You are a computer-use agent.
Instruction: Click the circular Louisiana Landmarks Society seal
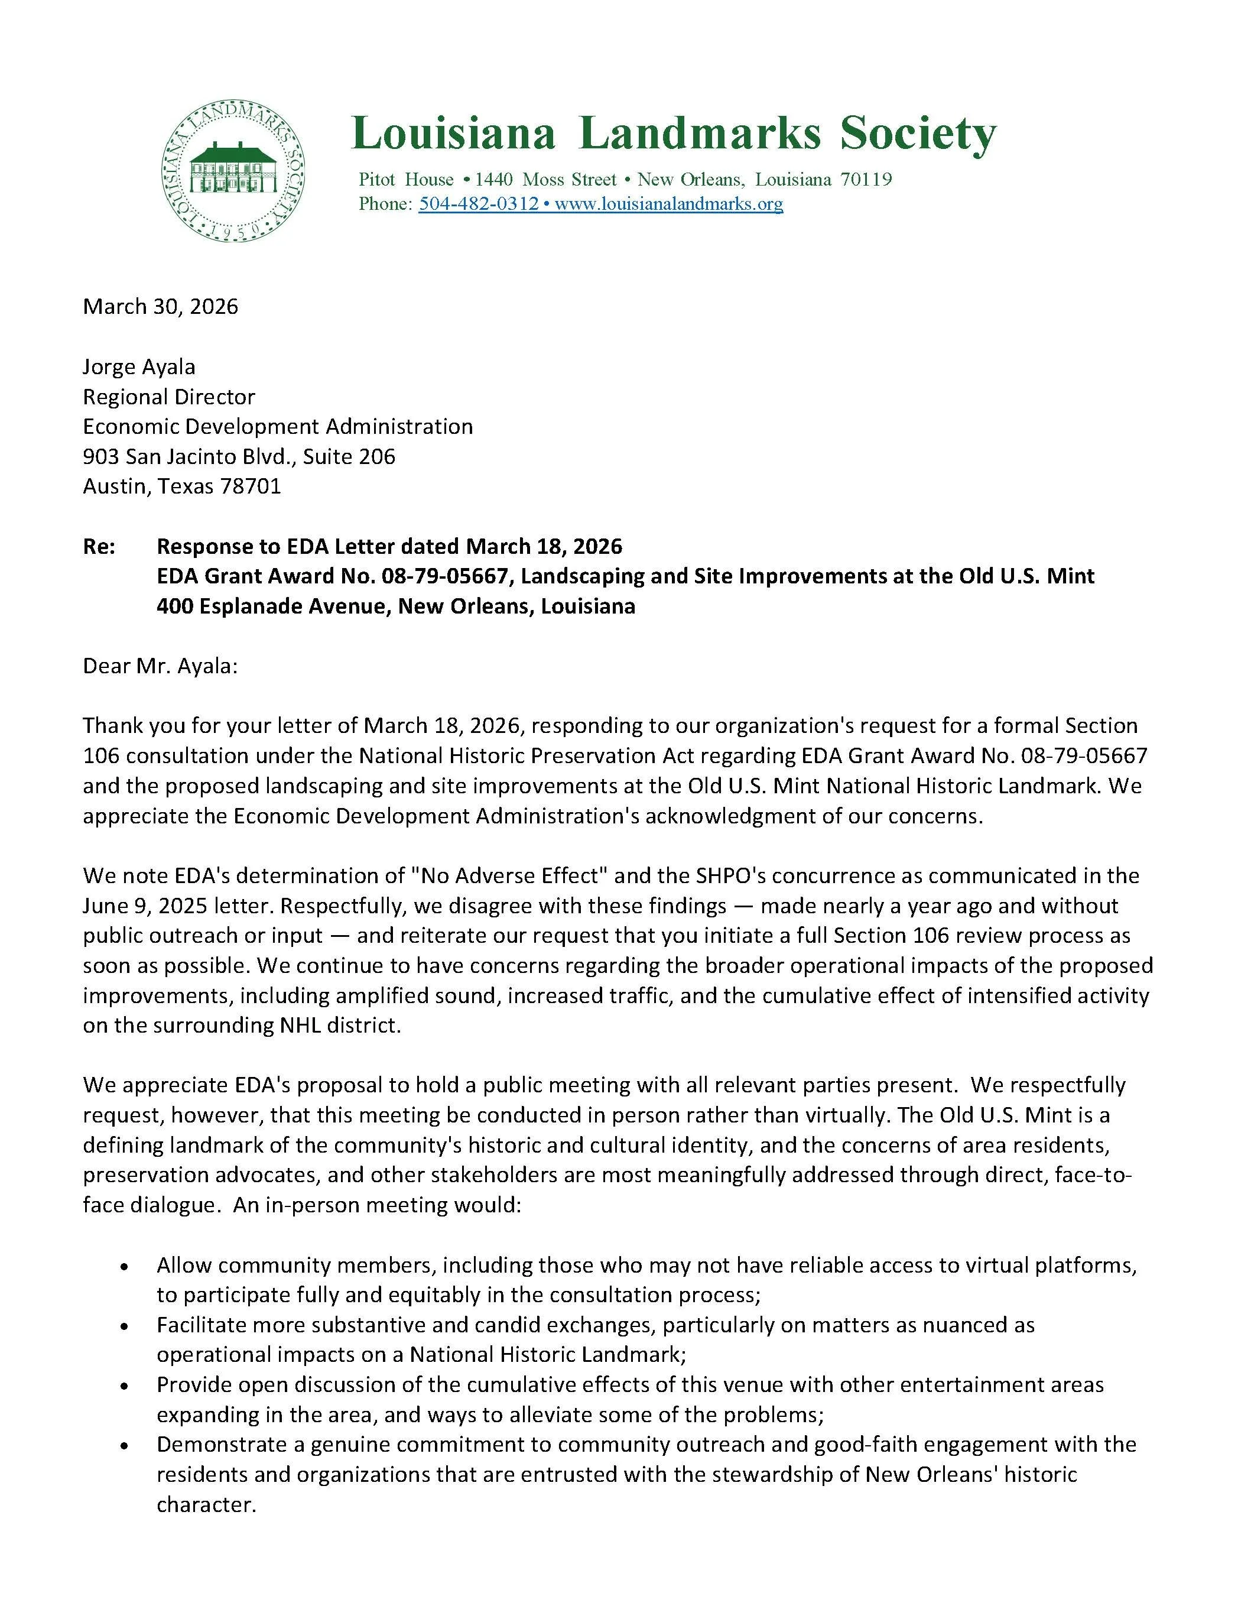pyautogui.click(x=234, y=171)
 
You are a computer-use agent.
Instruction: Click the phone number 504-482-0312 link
pyautogui.click(x=478, y=204)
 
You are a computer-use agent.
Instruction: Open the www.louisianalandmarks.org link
pyautogui.click(x=668, y=204)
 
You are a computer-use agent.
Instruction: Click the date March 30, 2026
pyautogui.click(x=160, y=307)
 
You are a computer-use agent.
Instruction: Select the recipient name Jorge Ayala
pyautogui.click(x=139, y=367)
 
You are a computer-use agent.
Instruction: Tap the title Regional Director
pyautogui.click(x=168, y=397)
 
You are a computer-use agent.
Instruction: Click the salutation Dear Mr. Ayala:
pyautogui.click(x=160, y=666)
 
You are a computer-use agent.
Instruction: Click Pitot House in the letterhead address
pyautogui.click(x=405, y=179)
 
